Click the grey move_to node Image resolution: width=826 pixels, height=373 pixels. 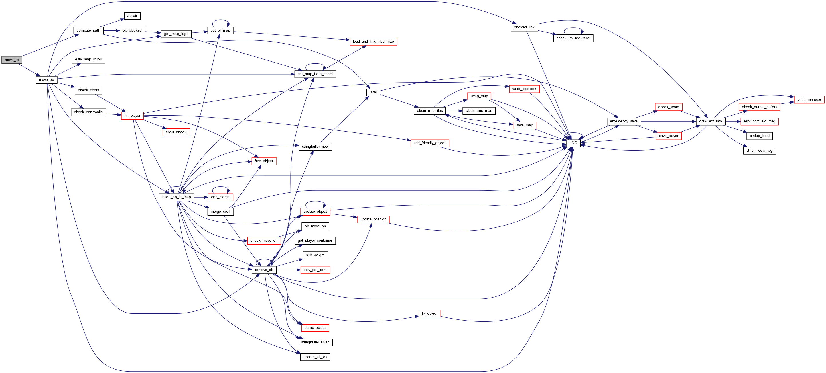pyautogui.click(x=12, y=60)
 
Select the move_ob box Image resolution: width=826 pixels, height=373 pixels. pyautogui.click(x=46, y=80)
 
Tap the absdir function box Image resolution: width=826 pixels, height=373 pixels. pyautogui.click(x=132, y=16)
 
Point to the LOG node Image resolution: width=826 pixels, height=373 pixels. pyautogui.click(x=573, y=143)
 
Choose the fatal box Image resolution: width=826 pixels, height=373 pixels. pyautogui.click(x=373, y=92)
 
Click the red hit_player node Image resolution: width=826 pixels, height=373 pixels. pyautogui.click(x=132, y=116)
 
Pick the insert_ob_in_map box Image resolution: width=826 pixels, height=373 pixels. pyautogui.click(x=176, y=197)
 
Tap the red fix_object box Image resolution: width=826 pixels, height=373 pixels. pyautogui.click(x=429, y=313)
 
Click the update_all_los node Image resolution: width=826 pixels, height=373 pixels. pyautogui.click(x=315, y=357)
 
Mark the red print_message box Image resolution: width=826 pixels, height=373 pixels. pyautogui.click(x=809, y=99)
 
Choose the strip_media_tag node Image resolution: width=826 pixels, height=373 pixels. pyautogui.click(x=759, y=151)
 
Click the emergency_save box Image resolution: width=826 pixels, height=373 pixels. pyautogui.click(x=623, y=121)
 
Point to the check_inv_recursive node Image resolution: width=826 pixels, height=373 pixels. pyautogui.click(x=573, y=38)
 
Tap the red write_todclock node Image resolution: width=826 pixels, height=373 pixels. pyautogui.click(x=524, y=89)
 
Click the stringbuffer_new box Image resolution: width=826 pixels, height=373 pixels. pyautogui.click(x=315, y=147)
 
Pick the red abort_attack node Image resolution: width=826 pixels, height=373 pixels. pyautogui.click(x=176, y=132)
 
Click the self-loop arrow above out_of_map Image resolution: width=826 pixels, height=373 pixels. pyautogui.click(x=220, y=21)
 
